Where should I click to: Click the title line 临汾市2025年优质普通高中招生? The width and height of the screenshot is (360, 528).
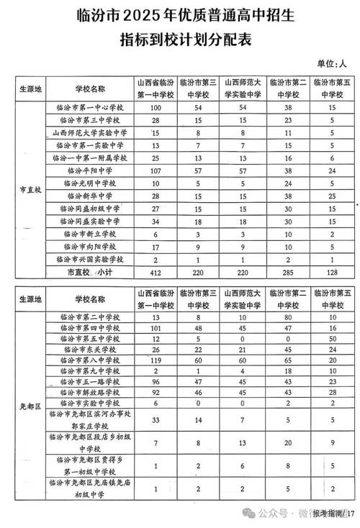(x=180, y=16)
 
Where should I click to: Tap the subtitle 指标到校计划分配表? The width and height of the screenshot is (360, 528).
(x=180, y=40)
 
